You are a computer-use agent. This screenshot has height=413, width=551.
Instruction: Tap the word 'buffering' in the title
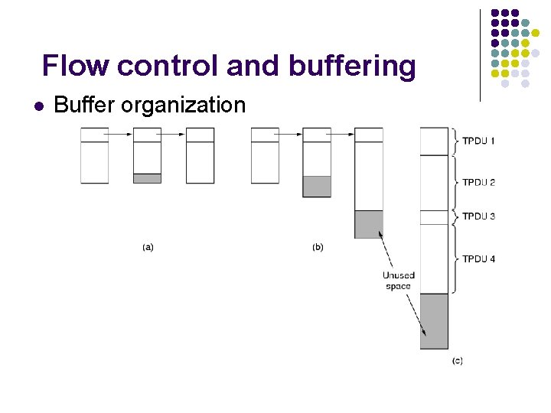click(352, 67)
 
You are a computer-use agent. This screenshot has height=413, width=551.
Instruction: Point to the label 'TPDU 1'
click(479, 141)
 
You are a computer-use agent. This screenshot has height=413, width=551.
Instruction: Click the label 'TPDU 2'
click(479, 182)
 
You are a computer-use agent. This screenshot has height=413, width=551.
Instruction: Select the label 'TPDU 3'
click(479, 216)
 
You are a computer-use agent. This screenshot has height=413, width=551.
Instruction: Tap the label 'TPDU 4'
click(479, 259)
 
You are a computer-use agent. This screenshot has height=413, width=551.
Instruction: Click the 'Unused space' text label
click(398, 281)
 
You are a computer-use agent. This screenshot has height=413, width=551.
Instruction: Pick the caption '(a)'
click(148, 247)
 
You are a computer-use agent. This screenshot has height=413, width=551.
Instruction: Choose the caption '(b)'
click(318, 247)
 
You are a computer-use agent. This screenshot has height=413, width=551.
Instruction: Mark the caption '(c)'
click(457, 360)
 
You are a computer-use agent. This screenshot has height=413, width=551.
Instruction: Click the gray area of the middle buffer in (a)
click(147, 178)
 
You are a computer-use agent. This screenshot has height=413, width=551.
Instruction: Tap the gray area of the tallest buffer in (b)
click(368, 224)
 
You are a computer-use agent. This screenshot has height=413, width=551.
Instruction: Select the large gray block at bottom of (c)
click(434, 321)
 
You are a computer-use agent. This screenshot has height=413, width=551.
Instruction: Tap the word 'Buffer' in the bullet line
click(85, 105)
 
